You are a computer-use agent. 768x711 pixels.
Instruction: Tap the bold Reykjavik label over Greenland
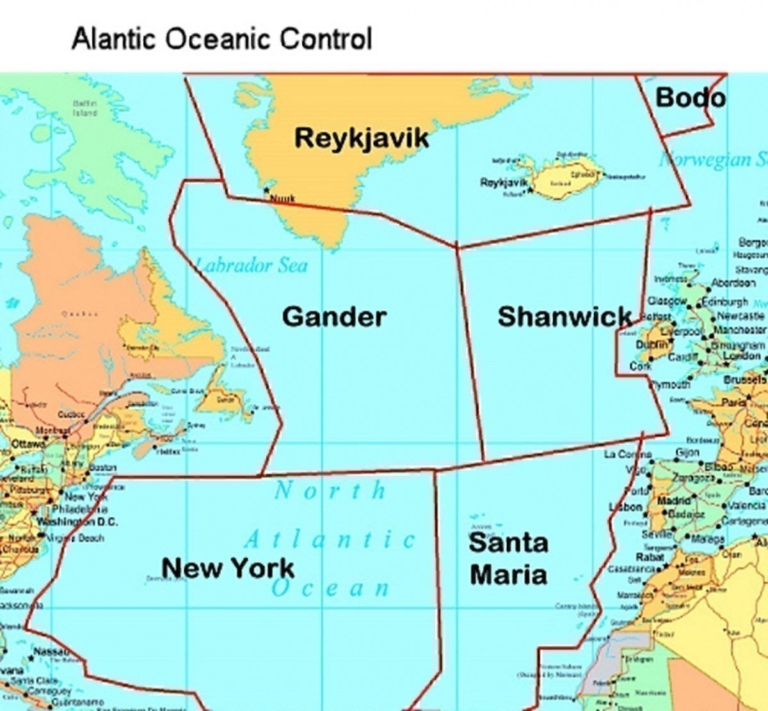click(362, 137)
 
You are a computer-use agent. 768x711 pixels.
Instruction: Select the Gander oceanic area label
click(334, 316)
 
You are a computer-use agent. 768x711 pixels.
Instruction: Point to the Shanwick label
click(565, 316)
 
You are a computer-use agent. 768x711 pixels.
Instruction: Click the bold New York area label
click(228, 567)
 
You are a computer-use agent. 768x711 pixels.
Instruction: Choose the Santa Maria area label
click(509, 558)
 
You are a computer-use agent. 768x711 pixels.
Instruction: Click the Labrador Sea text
click(251, 265)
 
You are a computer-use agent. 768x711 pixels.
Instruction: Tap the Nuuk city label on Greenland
click(282, 198)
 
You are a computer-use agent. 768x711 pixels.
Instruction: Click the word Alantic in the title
click(115, 39)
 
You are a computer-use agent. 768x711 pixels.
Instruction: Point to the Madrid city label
click(674, 501)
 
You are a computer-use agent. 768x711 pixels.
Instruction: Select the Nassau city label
click(51, 651)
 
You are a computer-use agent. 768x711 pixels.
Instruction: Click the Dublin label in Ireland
click(648, 345)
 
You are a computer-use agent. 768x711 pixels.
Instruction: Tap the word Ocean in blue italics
click(330, 588)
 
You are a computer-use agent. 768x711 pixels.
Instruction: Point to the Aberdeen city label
click(733, 283)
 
